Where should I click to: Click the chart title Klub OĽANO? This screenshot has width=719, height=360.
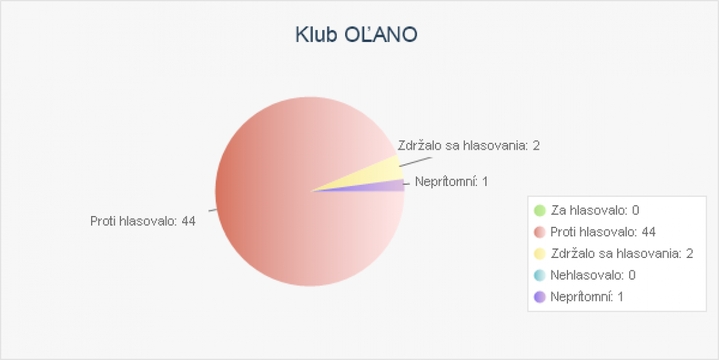tap(356, 35)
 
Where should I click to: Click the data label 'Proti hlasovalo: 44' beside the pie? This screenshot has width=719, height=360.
tap(143, 221)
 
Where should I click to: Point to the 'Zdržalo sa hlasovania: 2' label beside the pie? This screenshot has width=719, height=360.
tap(469, 146)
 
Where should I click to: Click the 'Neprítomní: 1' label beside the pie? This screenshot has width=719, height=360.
tap(452, 182)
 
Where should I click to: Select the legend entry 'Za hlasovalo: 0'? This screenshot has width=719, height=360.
tap(595, 210)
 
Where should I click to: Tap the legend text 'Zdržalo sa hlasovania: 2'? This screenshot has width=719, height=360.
tap(622, 254)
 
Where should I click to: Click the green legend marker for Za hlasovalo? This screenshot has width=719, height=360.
tap(539, 210)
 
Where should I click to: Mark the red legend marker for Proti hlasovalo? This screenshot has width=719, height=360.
tap(539, 232)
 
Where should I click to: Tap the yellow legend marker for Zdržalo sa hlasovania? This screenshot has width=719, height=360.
tap(539, 254)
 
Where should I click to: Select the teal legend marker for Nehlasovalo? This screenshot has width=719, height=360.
tap(539, 275)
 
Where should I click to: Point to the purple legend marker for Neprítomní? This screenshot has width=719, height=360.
tap(539, 297)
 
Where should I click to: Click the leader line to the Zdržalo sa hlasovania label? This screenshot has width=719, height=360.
tap(415, 162)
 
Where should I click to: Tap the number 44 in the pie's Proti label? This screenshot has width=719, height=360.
tap(189, 221)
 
